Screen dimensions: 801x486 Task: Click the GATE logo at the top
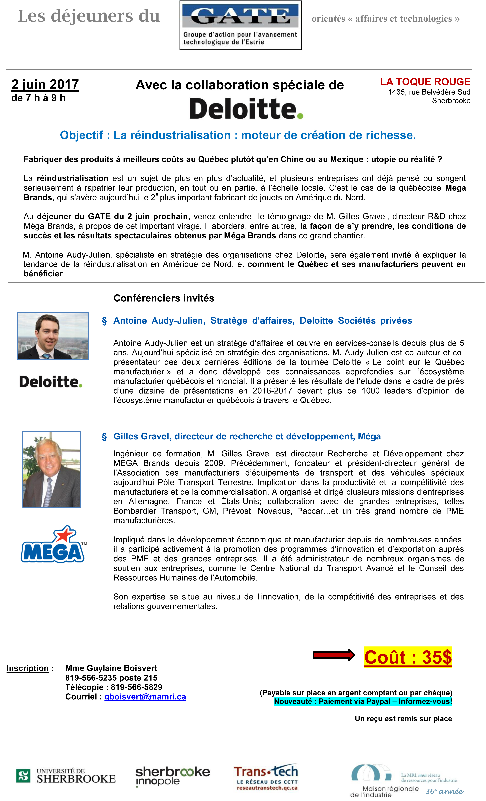pyautogui.click(x=240, y=25)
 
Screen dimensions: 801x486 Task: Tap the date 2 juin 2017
pyautogui.click(x=45, y=84)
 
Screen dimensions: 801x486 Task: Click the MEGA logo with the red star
pyautogui.click(x=53, y=544)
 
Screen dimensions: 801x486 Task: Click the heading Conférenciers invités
pyautogui.click(x=164, y=298)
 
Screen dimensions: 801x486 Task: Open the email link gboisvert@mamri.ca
pyautogui.click(x=145, y=697)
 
